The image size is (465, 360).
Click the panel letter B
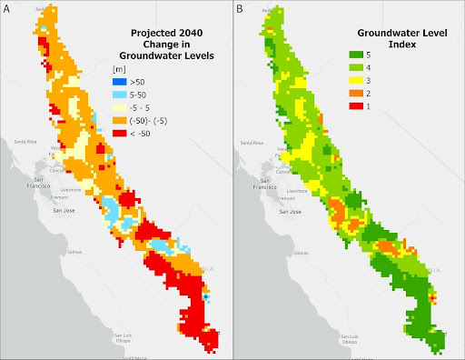pos(239,8)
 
